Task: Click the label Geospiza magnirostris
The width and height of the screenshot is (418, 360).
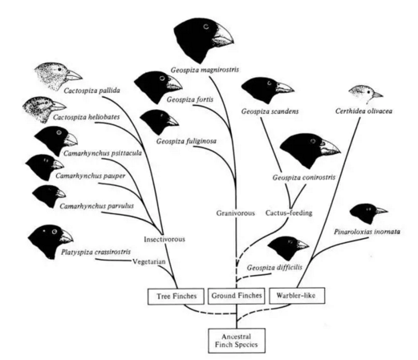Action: [205, 70]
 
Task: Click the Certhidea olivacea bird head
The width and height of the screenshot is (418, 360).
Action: [365, 94]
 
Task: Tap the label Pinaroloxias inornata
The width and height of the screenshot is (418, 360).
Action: [367, 232]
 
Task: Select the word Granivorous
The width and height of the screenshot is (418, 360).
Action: [235, 213]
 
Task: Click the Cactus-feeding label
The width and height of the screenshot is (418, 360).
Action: [289, 212]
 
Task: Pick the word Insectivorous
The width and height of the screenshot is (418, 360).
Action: [164, 239]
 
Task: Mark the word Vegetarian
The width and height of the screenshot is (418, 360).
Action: [149, 261]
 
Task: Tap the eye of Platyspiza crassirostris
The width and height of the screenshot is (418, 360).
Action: [55, 232]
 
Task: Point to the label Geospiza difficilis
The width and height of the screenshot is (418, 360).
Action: [274, 268]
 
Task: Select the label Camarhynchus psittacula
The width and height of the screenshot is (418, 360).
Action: [103, 153]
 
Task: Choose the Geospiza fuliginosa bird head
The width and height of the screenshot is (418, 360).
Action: [159, 122]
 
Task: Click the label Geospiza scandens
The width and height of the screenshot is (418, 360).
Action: [270, 111]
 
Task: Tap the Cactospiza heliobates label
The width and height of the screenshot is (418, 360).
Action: [86, 117]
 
